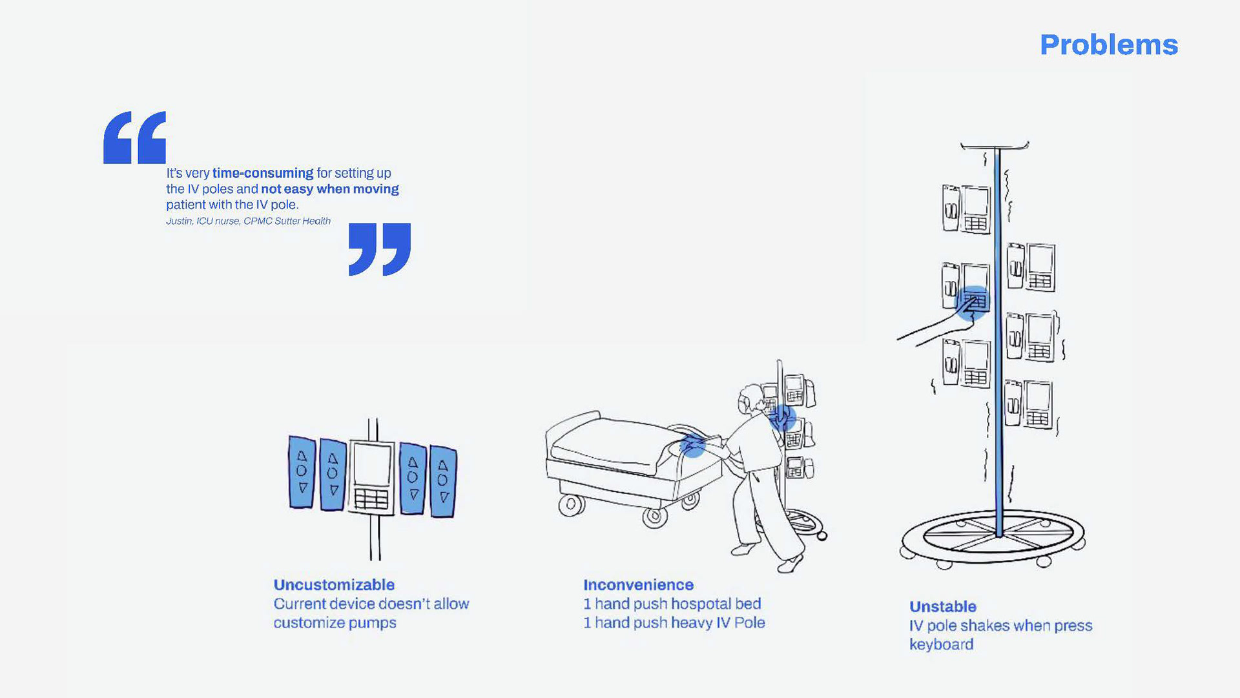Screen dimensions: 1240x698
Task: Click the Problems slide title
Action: click(x=1108, y=45)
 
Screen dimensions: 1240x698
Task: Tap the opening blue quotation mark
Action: click(x=134, y=138)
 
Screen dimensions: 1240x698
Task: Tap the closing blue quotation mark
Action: click(x=379, y=249)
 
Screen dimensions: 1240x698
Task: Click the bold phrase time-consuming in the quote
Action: click(x=263, y=173)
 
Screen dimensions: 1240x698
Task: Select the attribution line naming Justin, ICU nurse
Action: click(x=248, y=221)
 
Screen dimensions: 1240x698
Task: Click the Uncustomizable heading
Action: click(x=334, y=585)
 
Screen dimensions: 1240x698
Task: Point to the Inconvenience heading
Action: click(x=638, y=585)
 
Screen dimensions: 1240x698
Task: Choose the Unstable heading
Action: click(x=942, y=607)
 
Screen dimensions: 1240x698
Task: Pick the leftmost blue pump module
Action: click(x=302, y=472)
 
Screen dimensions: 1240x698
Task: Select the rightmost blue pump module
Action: click(x=443, y=481)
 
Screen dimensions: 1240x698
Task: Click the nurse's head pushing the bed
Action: click(x=750, y=400)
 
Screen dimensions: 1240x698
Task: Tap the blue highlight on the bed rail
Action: click(x=692, y=446)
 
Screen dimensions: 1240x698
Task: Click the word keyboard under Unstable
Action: click(x=941, y=644)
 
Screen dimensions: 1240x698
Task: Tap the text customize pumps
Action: click(x=335, y=623)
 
